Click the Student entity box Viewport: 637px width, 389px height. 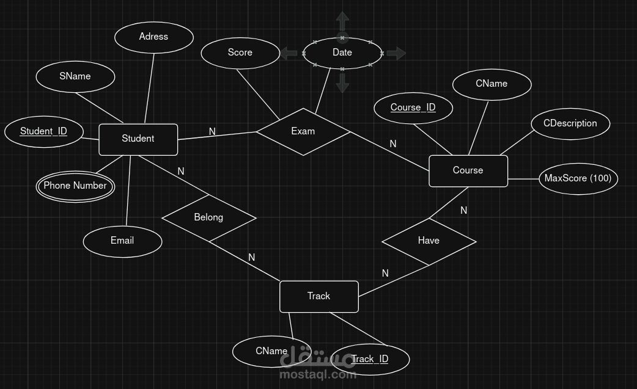click(x=138, y=139)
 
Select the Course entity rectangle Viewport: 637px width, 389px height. click(x=468, y=170)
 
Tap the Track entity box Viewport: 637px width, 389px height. click(x=318, y=296)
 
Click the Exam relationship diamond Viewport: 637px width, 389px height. click(x=303, y=131)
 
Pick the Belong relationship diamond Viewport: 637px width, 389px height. click(x=208, y=217)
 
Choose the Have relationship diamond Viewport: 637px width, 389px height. click(x=429, y=241)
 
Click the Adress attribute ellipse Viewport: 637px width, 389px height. click(x=153, y=37)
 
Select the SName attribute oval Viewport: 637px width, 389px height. click(x=75, y=76)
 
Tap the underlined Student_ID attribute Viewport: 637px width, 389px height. click(x=43, y=131)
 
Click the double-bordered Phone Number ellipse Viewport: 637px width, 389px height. click(x=75, y=186)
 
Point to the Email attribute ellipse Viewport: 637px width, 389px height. click(x=122, y=241)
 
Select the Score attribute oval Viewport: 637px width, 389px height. click(x=240, y=53)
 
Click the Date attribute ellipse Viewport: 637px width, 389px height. click(x=342, y=53)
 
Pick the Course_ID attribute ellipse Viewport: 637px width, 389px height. click(x=413, y=107)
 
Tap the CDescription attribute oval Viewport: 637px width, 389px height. click(x=570, y=123)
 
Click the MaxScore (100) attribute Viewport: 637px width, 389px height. click(x=578, y=178)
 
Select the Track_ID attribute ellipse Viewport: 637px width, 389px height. click(x=370, y=359)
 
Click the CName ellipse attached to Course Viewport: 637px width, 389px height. click(x=492, y=84)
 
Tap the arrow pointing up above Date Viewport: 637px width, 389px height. click(x=342, y=20)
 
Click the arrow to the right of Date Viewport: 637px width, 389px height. click(x=396, y=53)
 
